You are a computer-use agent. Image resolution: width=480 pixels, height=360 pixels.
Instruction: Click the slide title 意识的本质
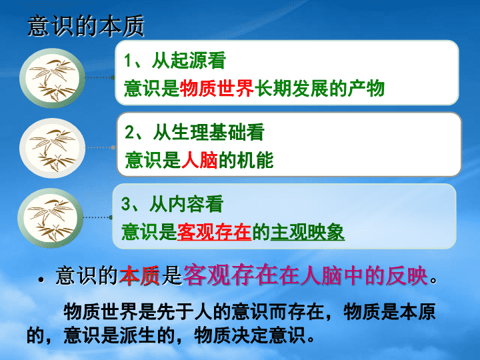click(x=86, y=26)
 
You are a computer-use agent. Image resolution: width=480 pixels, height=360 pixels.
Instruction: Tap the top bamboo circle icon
click(x=52, y=78)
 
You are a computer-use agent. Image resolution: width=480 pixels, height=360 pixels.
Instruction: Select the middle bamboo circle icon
click(x=52, y=148)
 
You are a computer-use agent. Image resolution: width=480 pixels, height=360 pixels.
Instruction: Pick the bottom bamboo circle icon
click(x=51, y=218)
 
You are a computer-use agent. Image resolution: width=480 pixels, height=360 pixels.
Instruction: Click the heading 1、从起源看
click(x=175, y=60)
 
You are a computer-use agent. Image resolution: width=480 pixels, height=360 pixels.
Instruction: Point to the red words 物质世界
click(x=217, y=89)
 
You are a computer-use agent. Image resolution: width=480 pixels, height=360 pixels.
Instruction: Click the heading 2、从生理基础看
click(x=195, y=132)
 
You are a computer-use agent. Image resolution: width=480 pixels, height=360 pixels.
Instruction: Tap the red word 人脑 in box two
click(x=199, y=160)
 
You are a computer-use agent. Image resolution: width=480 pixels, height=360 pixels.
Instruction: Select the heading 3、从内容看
click(x=172, y=204)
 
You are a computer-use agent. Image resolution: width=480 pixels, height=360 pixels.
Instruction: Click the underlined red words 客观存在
click(x=214, y=232)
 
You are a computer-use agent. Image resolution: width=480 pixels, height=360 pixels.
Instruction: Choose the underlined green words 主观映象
click(x=307, y=232)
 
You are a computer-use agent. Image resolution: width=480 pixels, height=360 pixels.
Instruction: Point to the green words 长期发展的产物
click(x=319, y=89)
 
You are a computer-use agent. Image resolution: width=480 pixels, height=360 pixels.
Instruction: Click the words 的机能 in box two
click(x=246, y=160)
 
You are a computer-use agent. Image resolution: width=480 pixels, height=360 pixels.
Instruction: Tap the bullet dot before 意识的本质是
click(x=41, y=279)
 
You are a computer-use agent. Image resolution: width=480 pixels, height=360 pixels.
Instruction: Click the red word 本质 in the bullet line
click(x=139, y=275)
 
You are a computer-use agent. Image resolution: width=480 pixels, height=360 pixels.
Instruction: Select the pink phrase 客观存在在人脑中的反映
click(x=305, y=275)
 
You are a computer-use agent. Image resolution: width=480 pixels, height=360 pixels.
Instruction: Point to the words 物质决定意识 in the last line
click(x=249, y=335)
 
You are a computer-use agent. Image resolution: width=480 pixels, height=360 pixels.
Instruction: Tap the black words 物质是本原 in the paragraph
click(x=389, y=312)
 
